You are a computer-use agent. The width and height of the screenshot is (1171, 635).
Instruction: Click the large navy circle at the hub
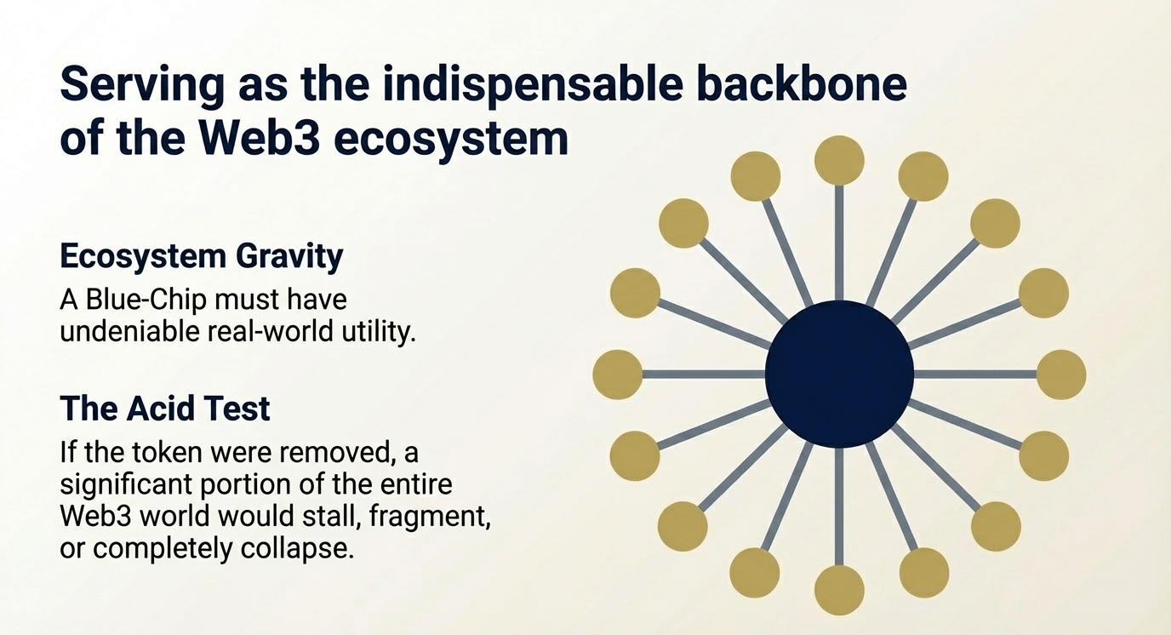pos(839,374)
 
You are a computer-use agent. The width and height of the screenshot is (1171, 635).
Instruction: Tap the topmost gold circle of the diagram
pos(839,161)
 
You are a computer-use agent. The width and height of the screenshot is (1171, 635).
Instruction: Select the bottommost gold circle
pos(839,591)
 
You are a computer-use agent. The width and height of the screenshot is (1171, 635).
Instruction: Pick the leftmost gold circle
pos(617,375)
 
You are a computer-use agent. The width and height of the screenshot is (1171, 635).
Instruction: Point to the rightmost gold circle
pos(1061,375)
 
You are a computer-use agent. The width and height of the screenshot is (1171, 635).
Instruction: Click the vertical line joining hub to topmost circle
pos(839,243)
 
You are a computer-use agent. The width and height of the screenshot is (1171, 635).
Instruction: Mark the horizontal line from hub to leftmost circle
pos(704,375)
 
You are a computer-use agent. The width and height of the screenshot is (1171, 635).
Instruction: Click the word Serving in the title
pos(143,86)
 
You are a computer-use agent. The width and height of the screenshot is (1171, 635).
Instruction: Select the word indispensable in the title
pos(533,85)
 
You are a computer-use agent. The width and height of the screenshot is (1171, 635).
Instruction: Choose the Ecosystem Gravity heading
pos(202,257)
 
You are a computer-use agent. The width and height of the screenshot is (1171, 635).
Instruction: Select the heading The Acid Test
pos(165,408)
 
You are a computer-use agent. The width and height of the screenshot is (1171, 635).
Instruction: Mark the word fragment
pos(429,518)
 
